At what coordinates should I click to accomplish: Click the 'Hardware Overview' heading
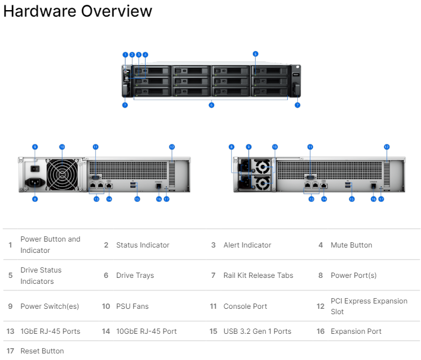(x=77, y=11)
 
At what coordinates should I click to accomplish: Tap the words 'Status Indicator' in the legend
(x=142, y=245)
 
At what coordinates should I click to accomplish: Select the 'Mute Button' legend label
(x=351, y=245)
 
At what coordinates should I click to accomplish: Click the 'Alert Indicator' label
(x=247, y=245)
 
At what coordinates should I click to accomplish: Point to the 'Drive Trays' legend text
(x=134, y=276)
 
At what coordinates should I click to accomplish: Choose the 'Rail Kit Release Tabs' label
(x=258, y=276)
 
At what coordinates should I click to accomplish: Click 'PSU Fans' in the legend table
(x=132, y=306)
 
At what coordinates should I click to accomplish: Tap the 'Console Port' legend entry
(x=245, y=306)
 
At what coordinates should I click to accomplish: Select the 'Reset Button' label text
(x=42, y=351)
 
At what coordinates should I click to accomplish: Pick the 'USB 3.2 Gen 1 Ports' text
(x=257, y=331)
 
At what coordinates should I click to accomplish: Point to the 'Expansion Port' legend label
(x=356, y=331)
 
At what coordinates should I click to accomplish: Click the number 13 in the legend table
(x=10, y=331)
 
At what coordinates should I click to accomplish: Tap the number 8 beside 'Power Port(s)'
(x=321, y=276)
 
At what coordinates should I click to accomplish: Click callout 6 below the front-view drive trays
(x=211, y=105)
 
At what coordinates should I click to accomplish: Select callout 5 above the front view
(x=255, y=54)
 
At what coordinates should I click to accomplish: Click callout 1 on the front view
(x=125, y=54)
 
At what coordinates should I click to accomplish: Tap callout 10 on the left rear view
(x=61, y=146)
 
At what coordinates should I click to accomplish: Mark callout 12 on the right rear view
(x=386, y=146)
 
